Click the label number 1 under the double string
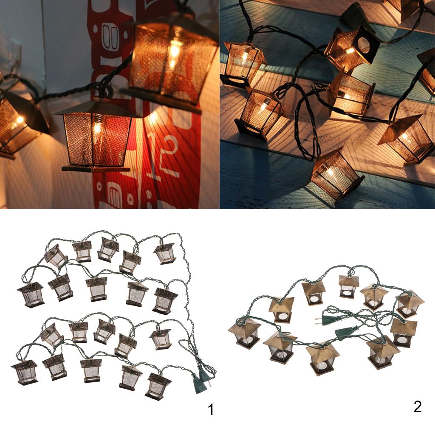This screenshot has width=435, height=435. [x=211, y=410]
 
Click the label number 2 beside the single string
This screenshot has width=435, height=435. [x=418, y=407]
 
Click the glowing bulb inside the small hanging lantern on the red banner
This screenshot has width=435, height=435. [x=97, y=128]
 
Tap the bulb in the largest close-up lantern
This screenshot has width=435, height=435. [x=174, y=51]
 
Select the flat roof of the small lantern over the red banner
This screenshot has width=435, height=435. [x=93, y=109]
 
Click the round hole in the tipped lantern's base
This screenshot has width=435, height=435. [x=364, y=45]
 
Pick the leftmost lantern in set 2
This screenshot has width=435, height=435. [x=245, y=333]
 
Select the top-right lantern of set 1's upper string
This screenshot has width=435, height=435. [x=165, y=253]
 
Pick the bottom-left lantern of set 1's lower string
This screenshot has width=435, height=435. [x=25, y=372]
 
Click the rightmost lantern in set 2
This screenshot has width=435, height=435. [x=409, y=303]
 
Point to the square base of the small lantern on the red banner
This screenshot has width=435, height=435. [x=96, y=169]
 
